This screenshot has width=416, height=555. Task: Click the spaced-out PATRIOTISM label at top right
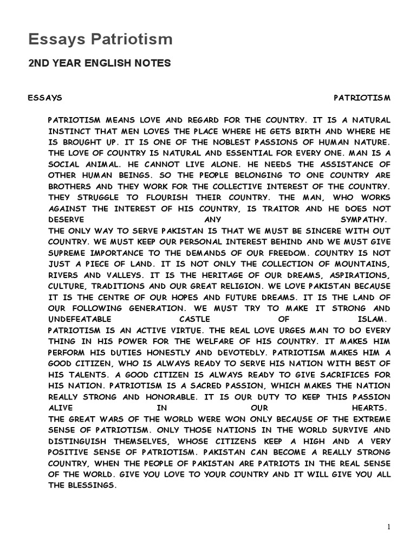pos(362,98)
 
